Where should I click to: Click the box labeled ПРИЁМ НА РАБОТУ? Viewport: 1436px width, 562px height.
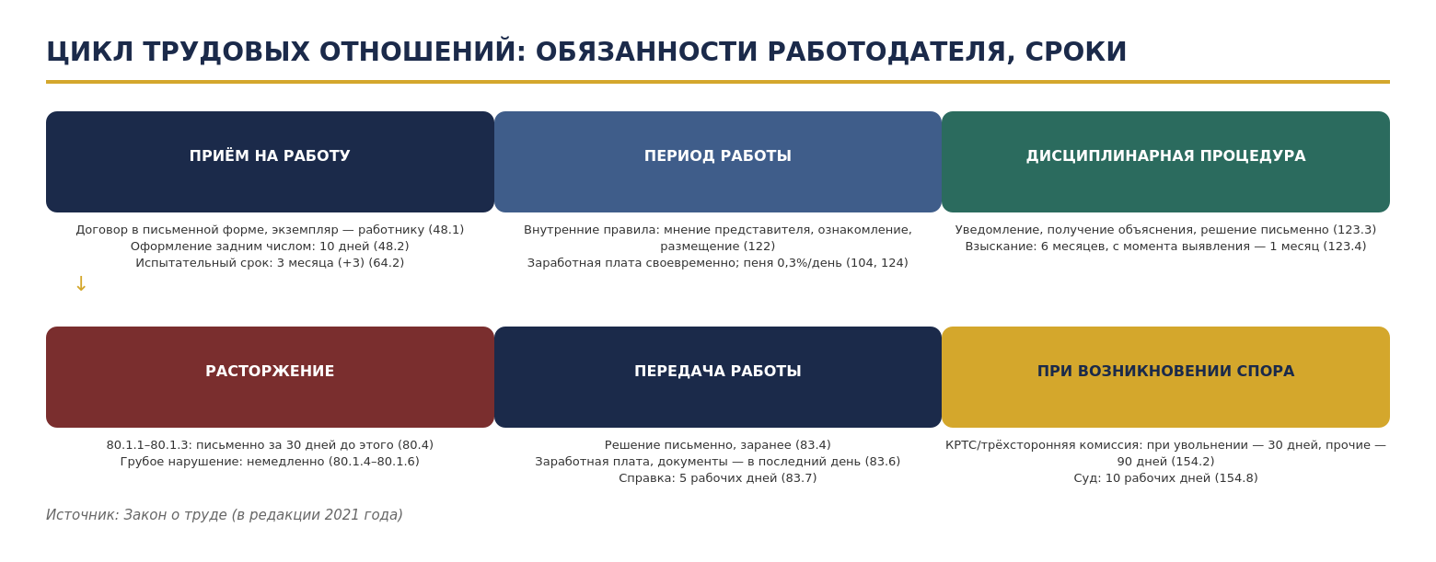(x=270, y=162)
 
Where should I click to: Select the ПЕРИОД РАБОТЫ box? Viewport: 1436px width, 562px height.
(x=717, y=162)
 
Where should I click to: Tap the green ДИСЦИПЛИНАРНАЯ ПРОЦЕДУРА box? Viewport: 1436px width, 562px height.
(x=1165, y=162)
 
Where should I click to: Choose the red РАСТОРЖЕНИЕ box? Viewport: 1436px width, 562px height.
(x=270, y=377)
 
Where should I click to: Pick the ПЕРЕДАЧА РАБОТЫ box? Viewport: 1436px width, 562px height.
(x=717, y=377)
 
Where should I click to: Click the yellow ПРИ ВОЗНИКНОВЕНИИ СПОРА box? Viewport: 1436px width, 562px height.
(x=1165, y=377)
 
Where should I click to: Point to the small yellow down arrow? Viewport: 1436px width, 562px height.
(x=81, y=284)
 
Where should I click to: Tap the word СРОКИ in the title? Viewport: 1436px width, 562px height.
(x=1076, y=52)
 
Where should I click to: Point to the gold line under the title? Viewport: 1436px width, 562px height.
(x=718, y=82)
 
